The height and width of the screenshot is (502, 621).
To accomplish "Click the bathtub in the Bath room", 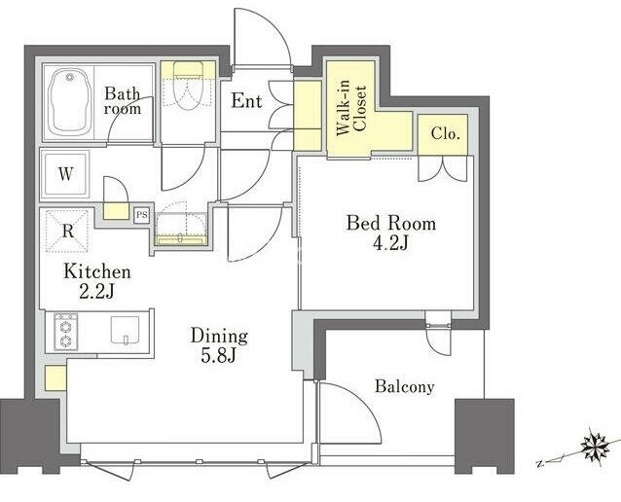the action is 70,102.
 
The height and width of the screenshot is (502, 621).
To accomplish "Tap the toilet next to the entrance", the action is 188,86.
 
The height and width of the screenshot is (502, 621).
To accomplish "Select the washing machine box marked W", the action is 66,174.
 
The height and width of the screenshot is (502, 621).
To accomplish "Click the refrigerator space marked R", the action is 67,231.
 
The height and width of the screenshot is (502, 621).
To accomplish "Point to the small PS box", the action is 141,215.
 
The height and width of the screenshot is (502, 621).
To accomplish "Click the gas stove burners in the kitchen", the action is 66,332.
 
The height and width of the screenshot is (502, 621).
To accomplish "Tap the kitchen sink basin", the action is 125,330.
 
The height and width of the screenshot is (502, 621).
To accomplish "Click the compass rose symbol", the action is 595,447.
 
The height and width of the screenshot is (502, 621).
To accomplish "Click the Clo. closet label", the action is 445,134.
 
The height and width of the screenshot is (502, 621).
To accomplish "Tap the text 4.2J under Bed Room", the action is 390,243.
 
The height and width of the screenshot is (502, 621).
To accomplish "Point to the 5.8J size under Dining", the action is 219,356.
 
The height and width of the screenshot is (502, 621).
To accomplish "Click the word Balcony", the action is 404,386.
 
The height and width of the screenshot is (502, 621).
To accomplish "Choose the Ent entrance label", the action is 246,100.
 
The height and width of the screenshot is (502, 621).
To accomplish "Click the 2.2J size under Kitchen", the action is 96,292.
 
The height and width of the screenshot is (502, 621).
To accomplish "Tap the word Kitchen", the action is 97,271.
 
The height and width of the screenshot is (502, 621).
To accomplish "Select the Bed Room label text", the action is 391,224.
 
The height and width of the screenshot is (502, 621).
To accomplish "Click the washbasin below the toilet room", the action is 181,230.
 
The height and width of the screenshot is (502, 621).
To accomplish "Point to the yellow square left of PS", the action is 116,211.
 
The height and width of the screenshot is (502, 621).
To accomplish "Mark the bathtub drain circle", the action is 70,77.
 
